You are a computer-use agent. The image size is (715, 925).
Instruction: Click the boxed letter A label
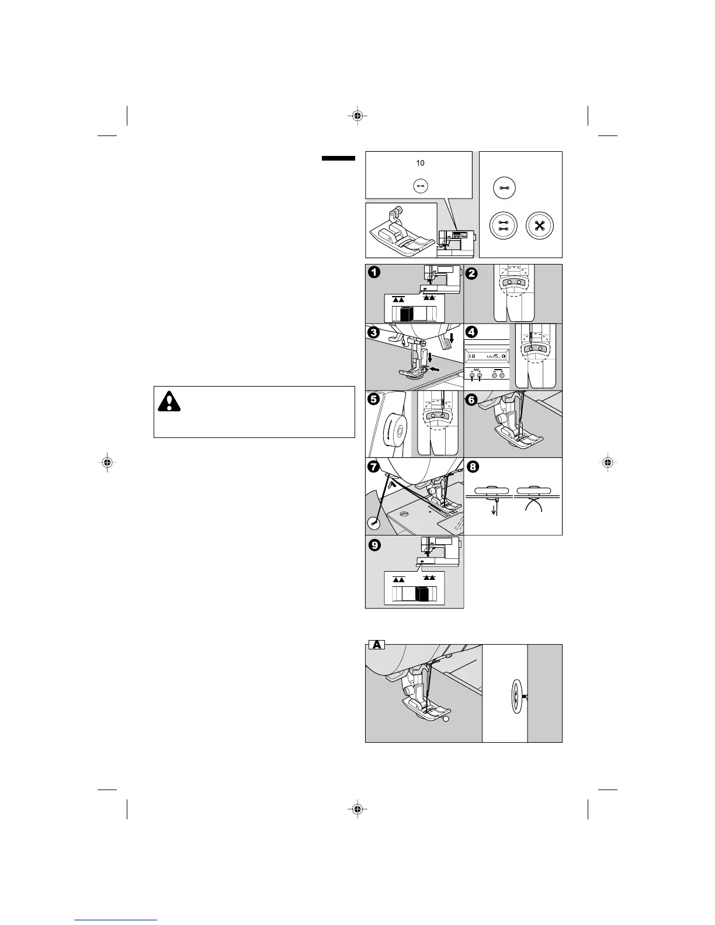tap(377, 645)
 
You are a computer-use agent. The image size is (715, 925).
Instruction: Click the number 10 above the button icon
tap(420, 163)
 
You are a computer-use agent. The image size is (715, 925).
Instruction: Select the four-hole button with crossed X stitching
tap(540, 226)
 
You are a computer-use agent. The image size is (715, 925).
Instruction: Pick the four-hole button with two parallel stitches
tap(504, 226)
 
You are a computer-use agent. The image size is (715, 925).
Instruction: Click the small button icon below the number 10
tap(420, 186)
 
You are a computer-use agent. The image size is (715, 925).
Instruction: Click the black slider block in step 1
tap(407, 314)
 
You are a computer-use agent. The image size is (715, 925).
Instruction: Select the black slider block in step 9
tap(422, 594)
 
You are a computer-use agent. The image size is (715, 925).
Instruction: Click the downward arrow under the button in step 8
tap(495, 509)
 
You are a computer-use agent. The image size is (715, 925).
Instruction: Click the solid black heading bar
tap(338, 158)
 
